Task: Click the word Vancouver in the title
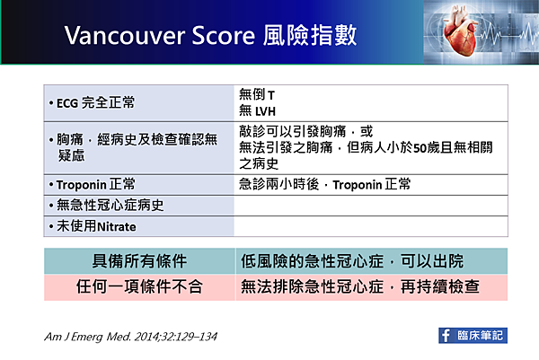click(x=125, y=36)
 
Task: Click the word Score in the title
click(x=224, y=36)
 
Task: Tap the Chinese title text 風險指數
click(x=310, y=35)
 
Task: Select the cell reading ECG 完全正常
click(x=139, y=103)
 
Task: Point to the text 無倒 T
click(x=257, y=94)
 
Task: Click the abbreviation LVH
click(x=265, y=111)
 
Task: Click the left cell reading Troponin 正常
click(x=139, y=185)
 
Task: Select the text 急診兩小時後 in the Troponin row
click(x=279, y=184)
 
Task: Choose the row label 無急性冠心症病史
click(x=110, y=206)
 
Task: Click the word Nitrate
click(x=117, y=227)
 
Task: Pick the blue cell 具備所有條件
click(x=139, y=261)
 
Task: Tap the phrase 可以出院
click(x=432, y=261)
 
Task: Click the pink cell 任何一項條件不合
click(x=139, y=287)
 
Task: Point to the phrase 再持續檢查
click(x=440, y=286)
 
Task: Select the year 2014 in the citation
click(x=146, y=337)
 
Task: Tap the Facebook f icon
click(x=446, y=336)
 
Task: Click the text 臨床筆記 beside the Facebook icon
click(x=480, y=336)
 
